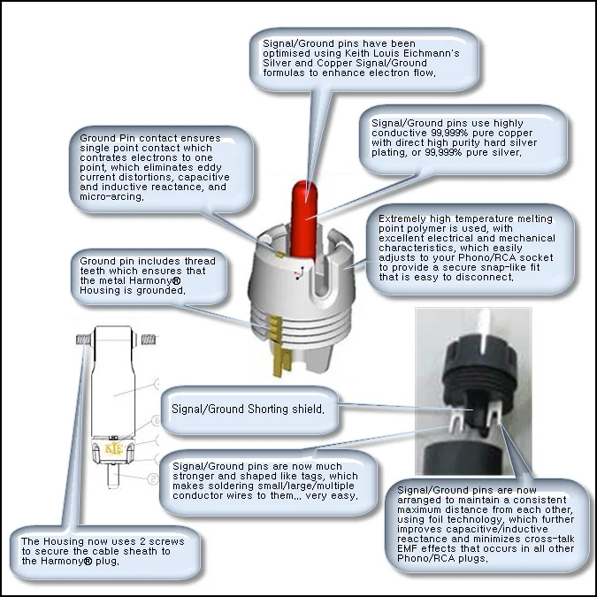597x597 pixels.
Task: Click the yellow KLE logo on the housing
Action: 113,449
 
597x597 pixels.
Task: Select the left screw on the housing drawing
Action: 83,340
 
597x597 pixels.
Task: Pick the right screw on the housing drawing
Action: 149,340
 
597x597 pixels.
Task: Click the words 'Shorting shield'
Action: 286,409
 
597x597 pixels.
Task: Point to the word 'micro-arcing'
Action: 111,197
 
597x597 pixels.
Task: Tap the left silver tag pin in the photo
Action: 455,424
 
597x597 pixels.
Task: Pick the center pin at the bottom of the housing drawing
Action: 113,475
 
